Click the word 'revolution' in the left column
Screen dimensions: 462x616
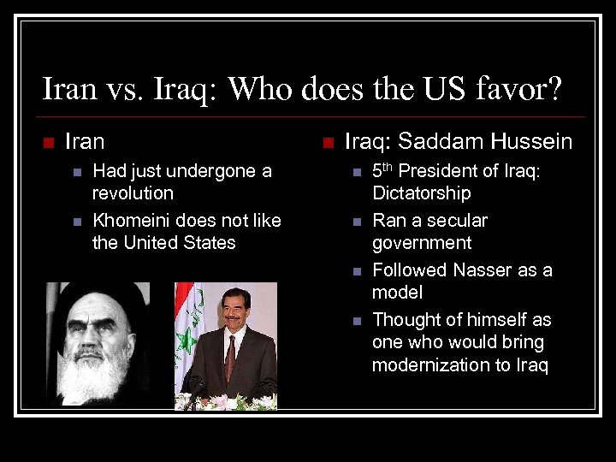(133, 193)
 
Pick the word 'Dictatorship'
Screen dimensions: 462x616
(421, 193)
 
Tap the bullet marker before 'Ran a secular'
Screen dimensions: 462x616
(357, 222)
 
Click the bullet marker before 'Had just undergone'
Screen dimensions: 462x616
(77, 172)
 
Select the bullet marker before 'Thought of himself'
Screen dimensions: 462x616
(357, 321)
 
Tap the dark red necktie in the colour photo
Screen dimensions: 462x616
(230, 358)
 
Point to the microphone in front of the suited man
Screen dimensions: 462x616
(195, 389)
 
